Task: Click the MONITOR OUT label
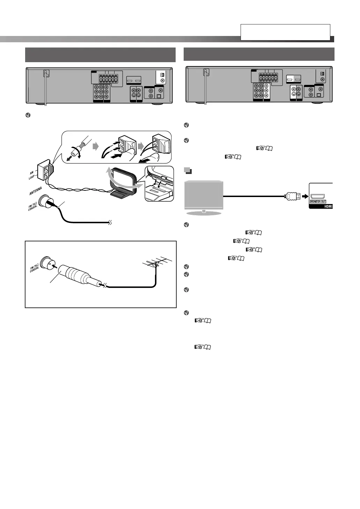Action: (x=318, y=202)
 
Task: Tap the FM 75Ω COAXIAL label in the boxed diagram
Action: (x=34, y=269)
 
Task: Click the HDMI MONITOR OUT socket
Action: (x=318, y=196)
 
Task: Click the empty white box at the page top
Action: (x=285, y=32)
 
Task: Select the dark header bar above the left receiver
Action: (x=100, y=54)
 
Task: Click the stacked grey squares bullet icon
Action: (x=188, y=171)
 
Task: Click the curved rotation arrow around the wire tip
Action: (x=75, y=153)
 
